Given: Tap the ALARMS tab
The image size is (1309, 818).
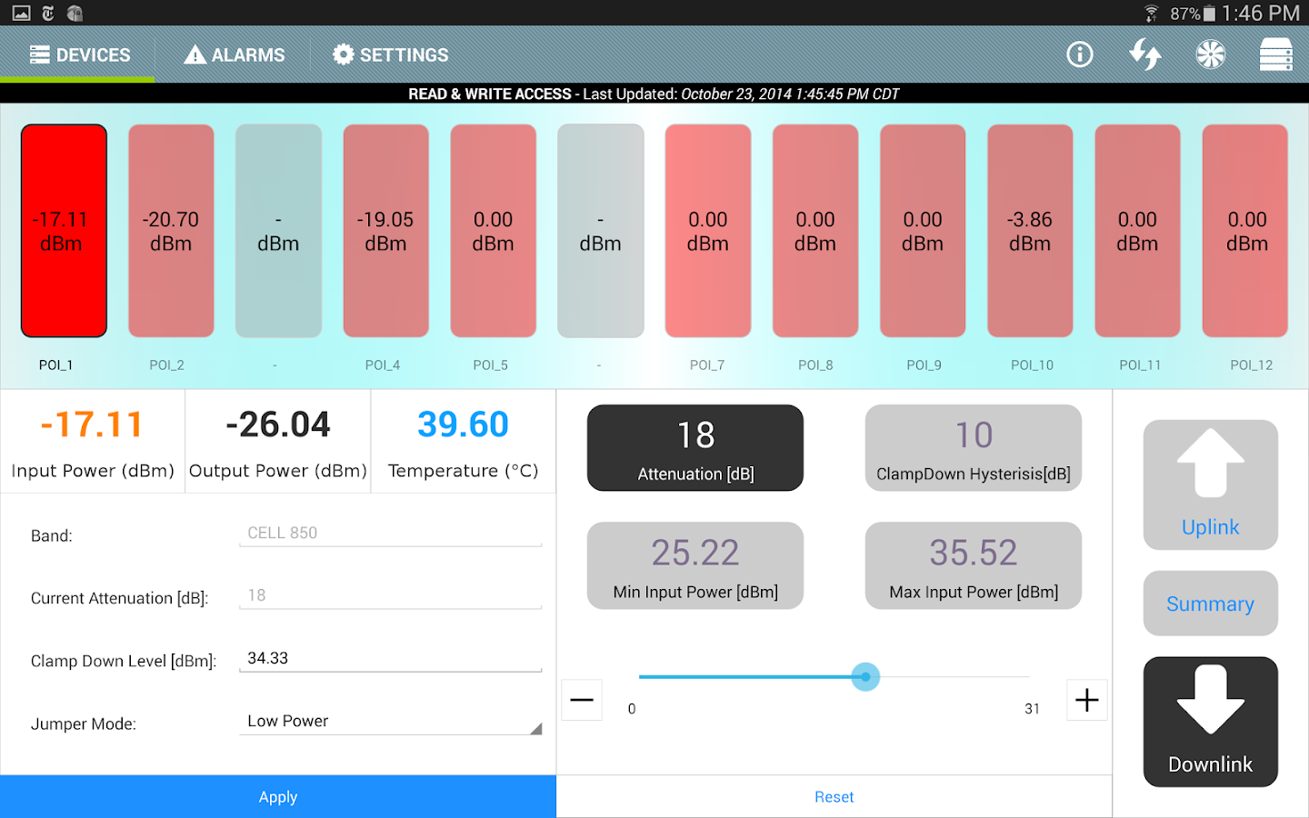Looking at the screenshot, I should pos(235,55).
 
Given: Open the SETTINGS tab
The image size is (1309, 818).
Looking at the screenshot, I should pos(391,55).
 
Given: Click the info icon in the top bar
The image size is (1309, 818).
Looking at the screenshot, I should pos(1079,55).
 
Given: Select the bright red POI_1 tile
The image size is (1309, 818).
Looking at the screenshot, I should pos(64,231).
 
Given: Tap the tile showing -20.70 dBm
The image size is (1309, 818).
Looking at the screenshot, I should pos(171,231).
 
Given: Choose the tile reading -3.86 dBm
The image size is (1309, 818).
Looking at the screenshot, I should pos(1030,231).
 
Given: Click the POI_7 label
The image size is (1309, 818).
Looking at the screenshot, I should pos(707,365).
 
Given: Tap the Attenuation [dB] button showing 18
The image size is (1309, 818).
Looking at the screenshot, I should pos(695,448).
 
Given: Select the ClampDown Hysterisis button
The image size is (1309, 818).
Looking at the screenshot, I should pos(974,448).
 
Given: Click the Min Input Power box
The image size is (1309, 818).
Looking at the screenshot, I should pos(695,565).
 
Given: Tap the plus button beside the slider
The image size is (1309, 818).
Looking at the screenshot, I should pos(1086,700).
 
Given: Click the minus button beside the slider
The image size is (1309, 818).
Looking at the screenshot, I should pos(582,700).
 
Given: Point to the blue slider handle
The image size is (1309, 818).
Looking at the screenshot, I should pos(865,677).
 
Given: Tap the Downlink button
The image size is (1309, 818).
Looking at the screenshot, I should pos(1210,722).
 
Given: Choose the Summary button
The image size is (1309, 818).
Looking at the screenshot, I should pos(1210,604).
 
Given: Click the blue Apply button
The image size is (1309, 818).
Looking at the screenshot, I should pos(278,797).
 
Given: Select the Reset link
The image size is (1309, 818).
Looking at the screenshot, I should pos(834,797).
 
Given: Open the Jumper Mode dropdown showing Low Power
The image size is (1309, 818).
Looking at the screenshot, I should pos(390,722).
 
